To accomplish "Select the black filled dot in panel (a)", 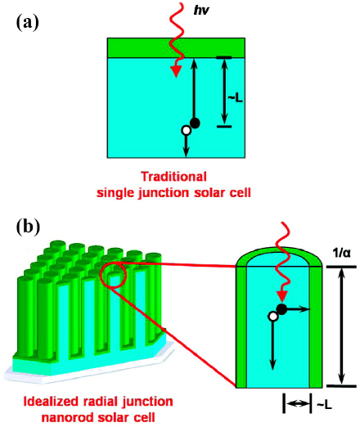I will click(195, 123).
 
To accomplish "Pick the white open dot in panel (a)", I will click(186, 129).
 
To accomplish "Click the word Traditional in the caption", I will click(174, 176).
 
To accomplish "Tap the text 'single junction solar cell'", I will click(175, 191).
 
